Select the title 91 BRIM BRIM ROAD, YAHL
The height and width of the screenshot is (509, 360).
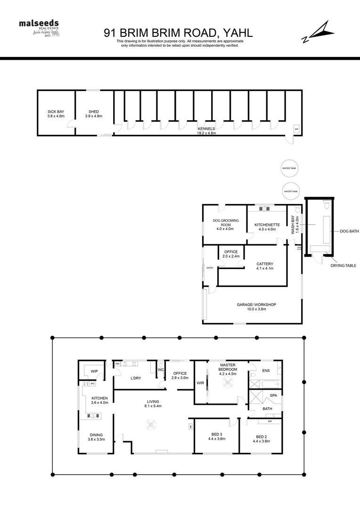point(178,33)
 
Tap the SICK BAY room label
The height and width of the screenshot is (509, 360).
point(56,114)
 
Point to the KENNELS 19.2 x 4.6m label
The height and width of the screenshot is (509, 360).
point(206,131)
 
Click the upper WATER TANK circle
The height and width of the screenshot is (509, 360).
point(290,168)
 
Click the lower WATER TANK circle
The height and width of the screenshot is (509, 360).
point(290,191)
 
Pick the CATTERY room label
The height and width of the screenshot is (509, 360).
point(265,266)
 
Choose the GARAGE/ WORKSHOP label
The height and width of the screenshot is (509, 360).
point(256,307)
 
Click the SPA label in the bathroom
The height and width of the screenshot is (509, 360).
point(273,395)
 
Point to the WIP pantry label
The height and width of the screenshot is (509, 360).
point(94,371)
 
